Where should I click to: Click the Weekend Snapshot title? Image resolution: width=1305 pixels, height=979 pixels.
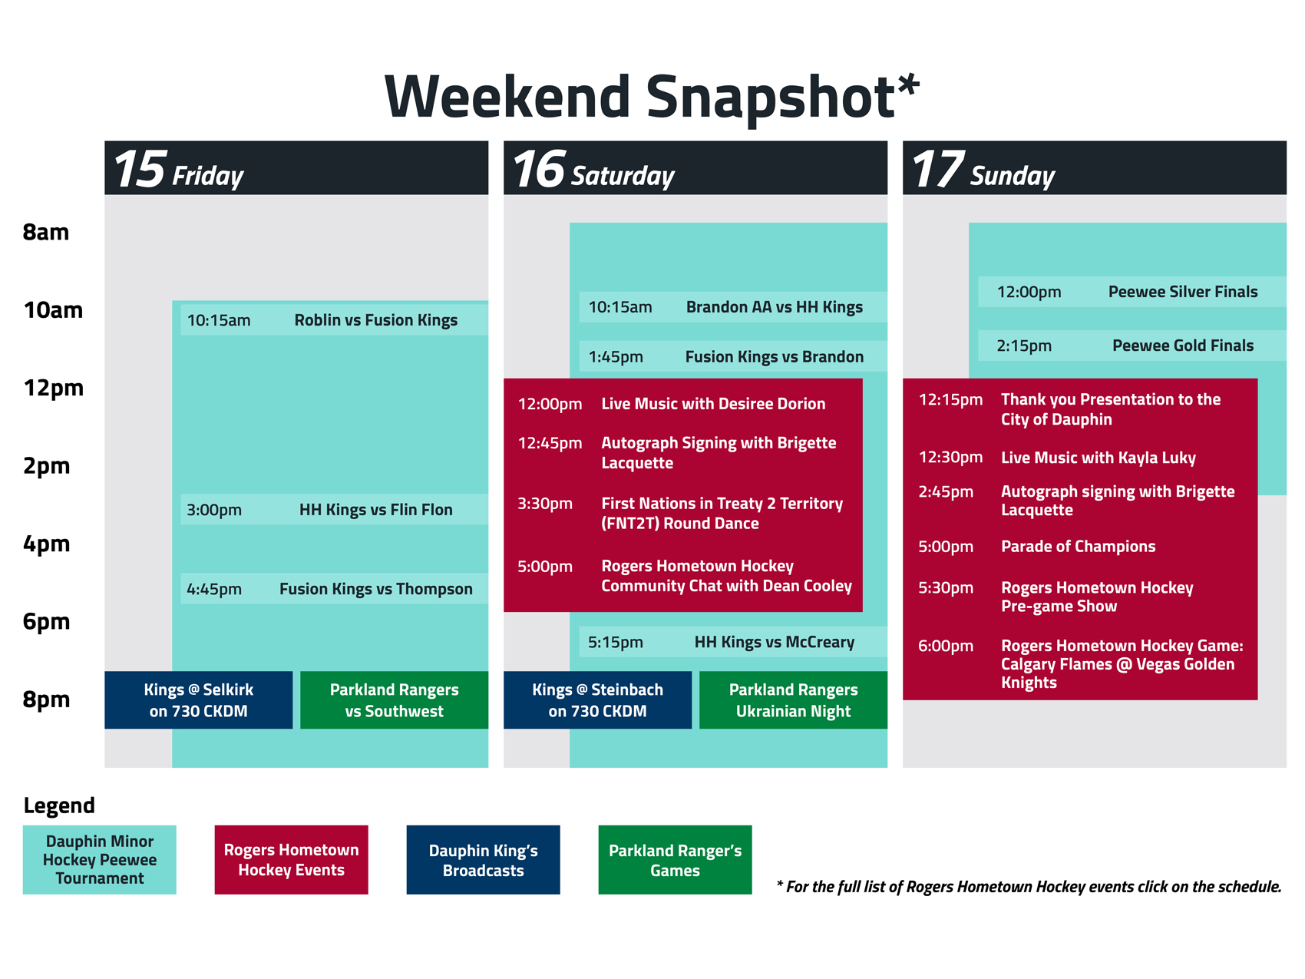[652, 97]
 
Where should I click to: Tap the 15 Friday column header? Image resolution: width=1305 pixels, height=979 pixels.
[296, 167]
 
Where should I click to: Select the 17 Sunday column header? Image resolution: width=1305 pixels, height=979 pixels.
[1095, 167]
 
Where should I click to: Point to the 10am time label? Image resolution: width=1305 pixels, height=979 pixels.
[53, 310]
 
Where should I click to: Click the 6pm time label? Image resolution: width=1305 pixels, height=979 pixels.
[46, 621]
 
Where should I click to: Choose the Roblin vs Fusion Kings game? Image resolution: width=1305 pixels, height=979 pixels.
[335, 320]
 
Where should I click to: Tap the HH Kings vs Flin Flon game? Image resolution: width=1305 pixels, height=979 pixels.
[335, 510]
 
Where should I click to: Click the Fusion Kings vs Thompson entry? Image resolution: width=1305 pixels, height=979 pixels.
[335, 589]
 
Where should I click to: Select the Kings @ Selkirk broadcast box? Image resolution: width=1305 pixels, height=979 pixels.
[199, 700]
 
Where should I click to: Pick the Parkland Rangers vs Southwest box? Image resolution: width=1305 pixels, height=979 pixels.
[395, 700]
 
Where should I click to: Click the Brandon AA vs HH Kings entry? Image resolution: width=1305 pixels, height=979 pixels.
[733, 307]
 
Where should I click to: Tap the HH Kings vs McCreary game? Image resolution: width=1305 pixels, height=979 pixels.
[733, 642]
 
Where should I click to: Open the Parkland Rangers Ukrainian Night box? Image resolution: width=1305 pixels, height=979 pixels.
[794, 700]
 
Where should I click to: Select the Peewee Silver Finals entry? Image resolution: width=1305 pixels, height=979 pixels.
[1132, 292]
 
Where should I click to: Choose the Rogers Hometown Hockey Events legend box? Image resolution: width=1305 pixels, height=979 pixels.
[292, 860]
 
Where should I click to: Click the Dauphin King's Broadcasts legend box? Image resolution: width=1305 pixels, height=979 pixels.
[484, 860]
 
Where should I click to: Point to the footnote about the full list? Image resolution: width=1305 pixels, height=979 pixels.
[1029, 887]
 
